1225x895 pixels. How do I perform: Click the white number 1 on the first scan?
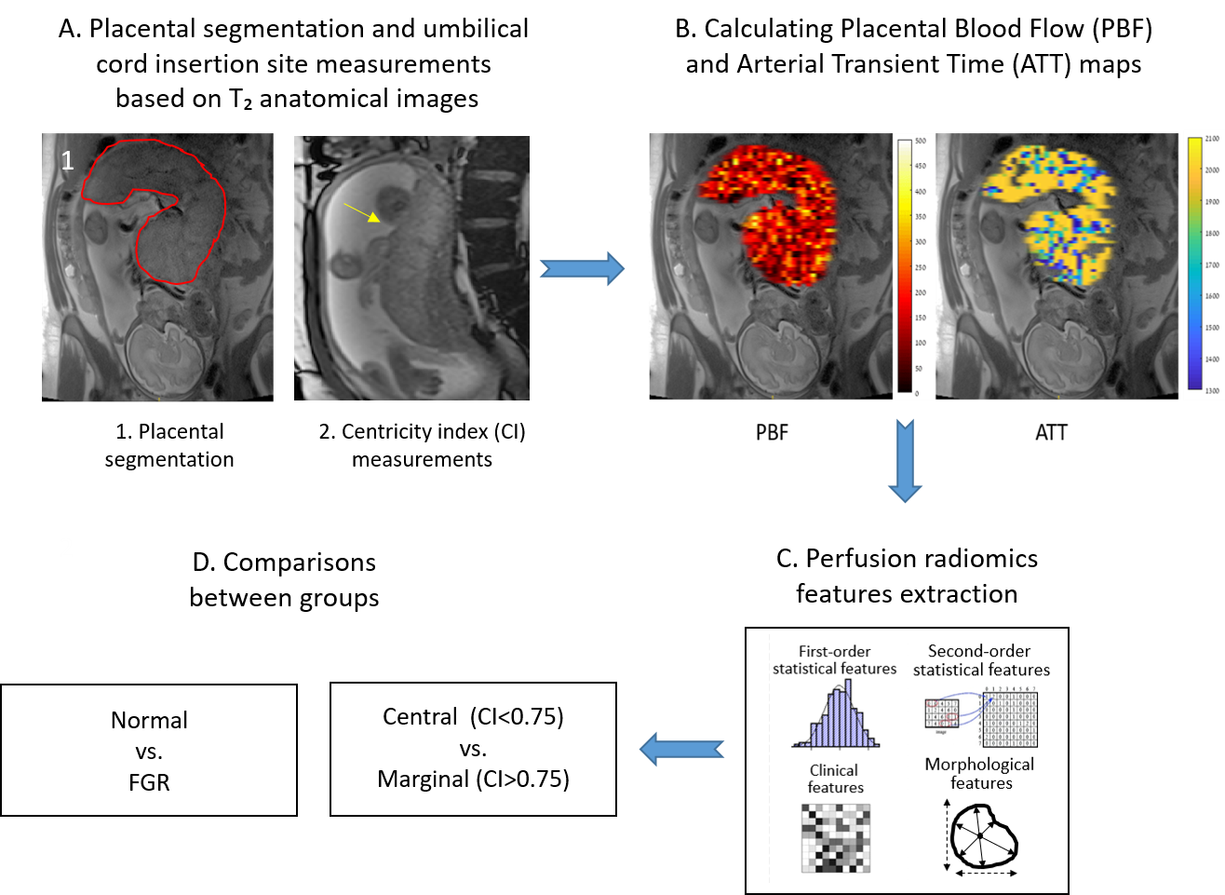point(67,161)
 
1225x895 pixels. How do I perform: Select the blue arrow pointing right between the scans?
point(582,268)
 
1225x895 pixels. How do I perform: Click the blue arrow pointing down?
point(905,461)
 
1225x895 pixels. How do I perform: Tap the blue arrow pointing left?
point(681,749)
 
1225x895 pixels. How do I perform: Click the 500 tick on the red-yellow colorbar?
point(920,142)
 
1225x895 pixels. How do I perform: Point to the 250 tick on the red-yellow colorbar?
point(920,267)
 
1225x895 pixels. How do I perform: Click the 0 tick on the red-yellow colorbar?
point(917,394)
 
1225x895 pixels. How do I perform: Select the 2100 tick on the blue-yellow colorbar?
point(1211,139)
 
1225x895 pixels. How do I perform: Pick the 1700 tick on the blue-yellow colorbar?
point(1211,265)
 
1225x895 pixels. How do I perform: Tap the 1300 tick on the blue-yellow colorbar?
point(1211,391)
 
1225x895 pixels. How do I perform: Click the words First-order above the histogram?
point(834,652)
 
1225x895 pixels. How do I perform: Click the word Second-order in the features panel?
point(979,651)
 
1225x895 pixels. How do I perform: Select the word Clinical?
point(834,770)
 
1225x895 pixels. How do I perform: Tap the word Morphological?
point(979,765)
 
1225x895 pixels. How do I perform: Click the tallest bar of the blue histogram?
point(848,712)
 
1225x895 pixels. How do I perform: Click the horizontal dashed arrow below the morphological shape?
point(986,874)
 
